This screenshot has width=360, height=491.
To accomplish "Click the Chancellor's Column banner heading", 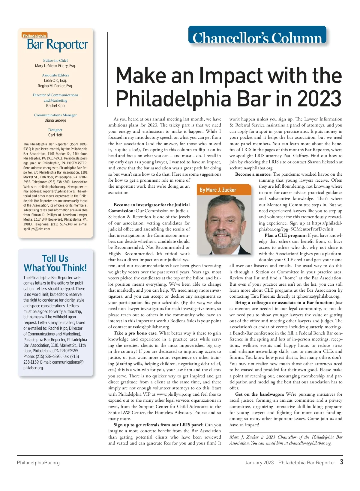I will [257, 38].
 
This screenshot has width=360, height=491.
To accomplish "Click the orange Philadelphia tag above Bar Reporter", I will [34, 36].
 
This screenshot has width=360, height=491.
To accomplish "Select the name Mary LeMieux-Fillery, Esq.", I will [55, 66].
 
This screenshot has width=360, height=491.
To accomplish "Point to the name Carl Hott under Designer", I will [55, 135].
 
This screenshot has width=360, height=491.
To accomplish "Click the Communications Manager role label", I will [55, 115].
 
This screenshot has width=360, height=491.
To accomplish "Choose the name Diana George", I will [55, 120].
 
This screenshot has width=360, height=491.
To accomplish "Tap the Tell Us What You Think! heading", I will [55, 263].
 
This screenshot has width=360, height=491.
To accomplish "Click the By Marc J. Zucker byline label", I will [218, 190].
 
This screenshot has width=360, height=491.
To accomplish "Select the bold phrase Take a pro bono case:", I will [136, 333].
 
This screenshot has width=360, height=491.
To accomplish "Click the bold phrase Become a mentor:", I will [253, 174].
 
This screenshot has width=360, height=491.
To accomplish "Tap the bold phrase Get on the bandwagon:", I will [259, 394].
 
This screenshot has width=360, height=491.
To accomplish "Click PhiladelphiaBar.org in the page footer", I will [38, 463].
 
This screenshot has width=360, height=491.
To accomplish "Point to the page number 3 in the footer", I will [341, 462].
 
